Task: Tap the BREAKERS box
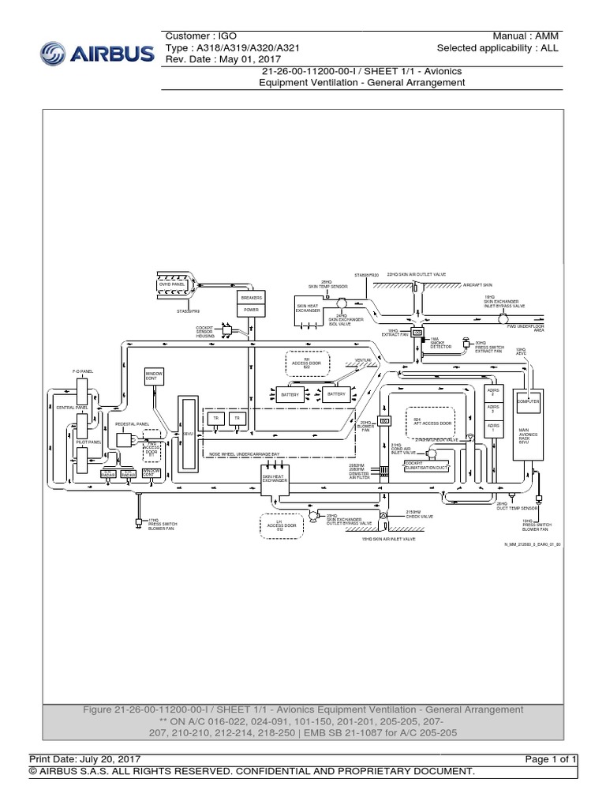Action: tap(250, 297)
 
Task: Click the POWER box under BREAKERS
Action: tap(250, 310)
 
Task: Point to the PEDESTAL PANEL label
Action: tap(132, 424)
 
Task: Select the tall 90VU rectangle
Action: tap(188, 435)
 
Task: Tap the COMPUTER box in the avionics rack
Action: tap(527, 401)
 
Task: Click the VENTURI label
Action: tap(363, 360)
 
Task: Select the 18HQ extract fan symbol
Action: tap(417, 333)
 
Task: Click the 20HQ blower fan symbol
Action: tap(386, 422)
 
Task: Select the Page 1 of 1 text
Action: tap(555, 759)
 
